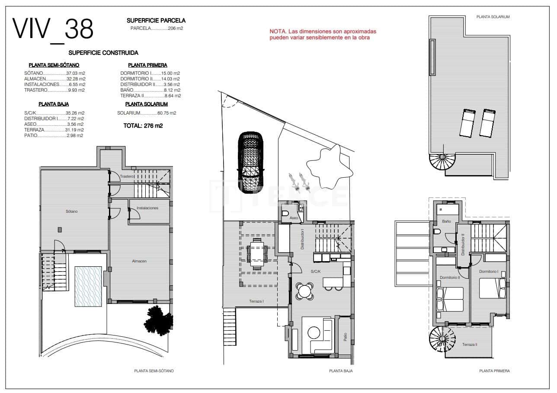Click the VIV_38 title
[x=53, y=29]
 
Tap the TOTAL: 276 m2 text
[x=143, y=126]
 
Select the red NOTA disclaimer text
[x=323, y=35]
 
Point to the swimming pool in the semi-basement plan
[x=88, y=286]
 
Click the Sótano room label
[x=72, y=211]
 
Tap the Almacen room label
[x=139, y=261]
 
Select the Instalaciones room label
[x=147, y=208]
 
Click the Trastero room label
[x=127, y=176]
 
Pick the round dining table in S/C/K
[x=305, y=291]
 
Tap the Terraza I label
[x=256, y=301]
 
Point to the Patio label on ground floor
[x=345, y=337]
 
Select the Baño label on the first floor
[x=446, y=221]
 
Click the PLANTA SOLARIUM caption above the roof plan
[x=493, y=17]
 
